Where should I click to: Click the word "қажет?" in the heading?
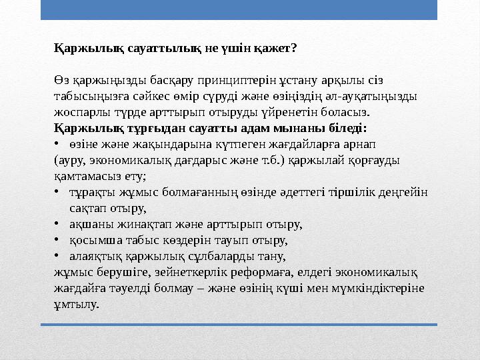click(x=275, y=48)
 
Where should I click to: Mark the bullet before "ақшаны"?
click(x=58, y=224)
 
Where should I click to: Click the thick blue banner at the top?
click(x=239, y=9)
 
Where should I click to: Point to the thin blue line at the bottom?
click(x=239, y=325)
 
